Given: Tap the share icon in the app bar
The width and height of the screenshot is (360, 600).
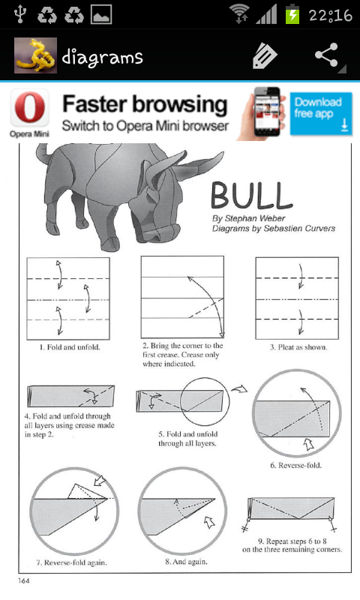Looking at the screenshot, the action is click(326, 55).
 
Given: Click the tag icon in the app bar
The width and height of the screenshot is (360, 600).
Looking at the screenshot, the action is click(264, 55).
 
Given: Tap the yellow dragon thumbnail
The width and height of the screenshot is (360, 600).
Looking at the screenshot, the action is click(35, 55).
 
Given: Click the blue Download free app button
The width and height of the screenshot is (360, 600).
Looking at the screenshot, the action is click(321, 114).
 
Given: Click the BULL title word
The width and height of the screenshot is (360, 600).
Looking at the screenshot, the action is click(252, 196).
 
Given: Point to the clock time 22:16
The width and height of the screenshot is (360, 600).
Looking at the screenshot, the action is click(330, 15).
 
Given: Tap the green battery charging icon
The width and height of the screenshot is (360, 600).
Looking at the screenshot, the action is click(292, 13).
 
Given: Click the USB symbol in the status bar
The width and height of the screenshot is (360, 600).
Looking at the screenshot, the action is click(19, 13).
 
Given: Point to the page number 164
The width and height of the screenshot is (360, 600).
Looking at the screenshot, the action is click(23, 580).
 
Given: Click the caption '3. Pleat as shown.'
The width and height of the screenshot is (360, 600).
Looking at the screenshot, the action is click(298, 347).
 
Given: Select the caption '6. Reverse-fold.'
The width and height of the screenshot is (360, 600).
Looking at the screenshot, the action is click(295, 465).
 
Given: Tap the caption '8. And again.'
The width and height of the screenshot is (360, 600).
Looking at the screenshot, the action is click(186, 562).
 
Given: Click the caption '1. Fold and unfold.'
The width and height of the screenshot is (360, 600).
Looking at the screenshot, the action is click(70, 347).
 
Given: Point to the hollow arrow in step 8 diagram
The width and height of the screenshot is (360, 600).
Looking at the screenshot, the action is click(209, 522).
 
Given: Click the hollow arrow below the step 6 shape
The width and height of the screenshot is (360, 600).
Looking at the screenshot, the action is click(308, 444).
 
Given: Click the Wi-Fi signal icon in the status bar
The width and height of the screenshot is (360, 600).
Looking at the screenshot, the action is click(239, 14).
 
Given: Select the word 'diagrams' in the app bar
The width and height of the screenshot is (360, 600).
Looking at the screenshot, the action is click(102, 58).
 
